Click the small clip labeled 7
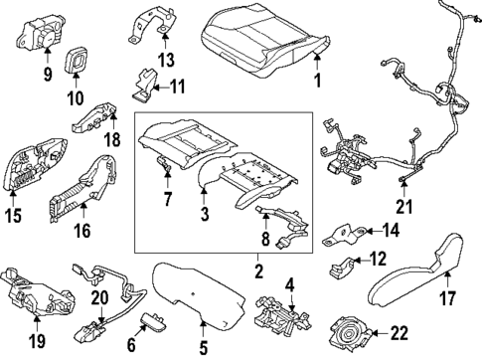166,173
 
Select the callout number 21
402,208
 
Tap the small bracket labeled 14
346,233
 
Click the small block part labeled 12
342,266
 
